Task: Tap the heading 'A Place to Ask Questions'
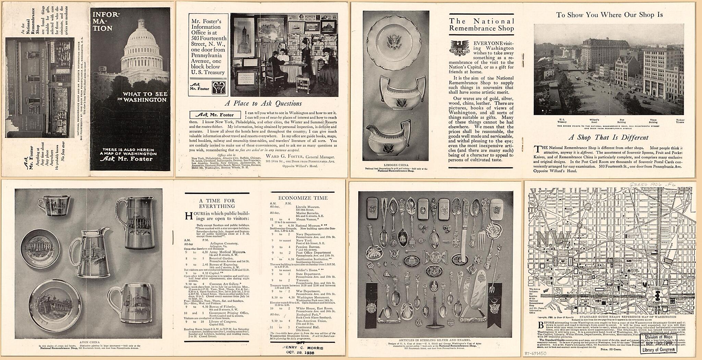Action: pos(263,103)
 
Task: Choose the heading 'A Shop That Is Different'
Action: pos(608,137)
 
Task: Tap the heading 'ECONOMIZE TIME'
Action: pos(303,198)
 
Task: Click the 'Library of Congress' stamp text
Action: pos(659,350)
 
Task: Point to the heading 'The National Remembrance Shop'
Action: pos(482,25)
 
